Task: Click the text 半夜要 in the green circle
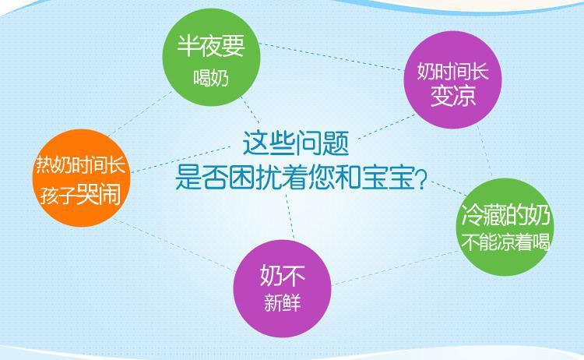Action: (x=211, y=46)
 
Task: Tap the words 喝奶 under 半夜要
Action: (x=211, y=78)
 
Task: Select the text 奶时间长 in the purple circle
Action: (x=452, y=70)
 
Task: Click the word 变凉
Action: (x=453, y=95)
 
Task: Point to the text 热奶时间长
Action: (x=80, y=164)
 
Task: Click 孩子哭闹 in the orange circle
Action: (x=80, y=195)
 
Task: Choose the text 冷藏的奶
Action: (x=506, y=214)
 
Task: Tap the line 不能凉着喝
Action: (x=505, y=242)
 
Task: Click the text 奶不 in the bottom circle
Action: (x=283, y=275)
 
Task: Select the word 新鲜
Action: (x=283, y=302)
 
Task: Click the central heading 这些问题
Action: (x=296, y=143)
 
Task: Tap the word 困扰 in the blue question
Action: (x=255, y=178)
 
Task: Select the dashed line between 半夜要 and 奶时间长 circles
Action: (x=332, y=57)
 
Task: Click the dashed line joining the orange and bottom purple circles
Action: (x=174, y=245)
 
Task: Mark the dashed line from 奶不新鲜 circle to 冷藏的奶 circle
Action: (x=395, y=268)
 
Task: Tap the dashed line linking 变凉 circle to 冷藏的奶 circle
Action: (x=484, y=151)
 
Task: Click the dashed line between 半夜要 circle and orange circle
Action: (x=140, y=113)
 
